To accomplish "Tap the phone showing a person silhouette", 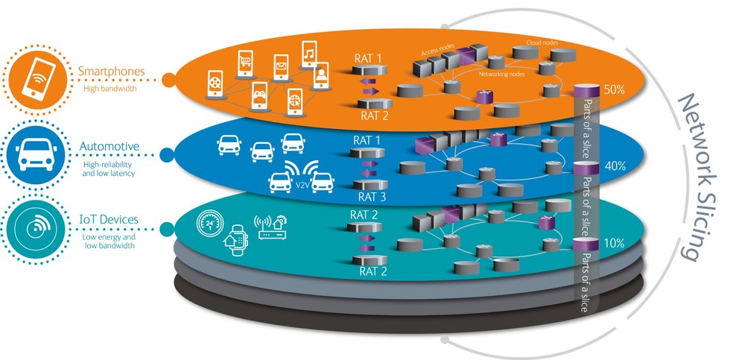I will [x=321, y=77].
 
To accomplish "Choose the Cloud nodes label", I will [x=542, y=43].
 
